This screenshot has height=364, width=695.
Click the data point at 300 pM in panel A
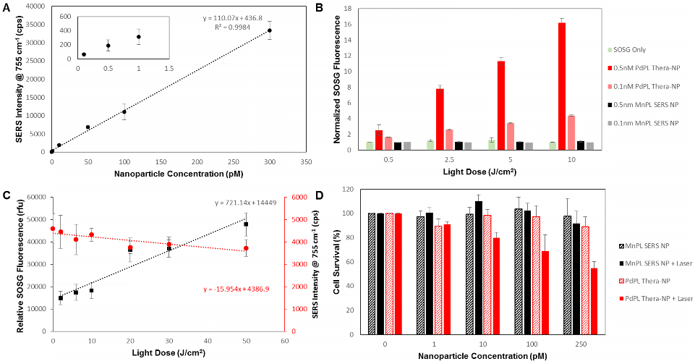coord(270,30)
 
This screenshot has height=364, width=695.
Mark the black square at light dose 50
coord(246,224)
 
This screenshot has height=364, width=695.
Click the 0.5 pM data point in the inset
coord(108,46)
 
